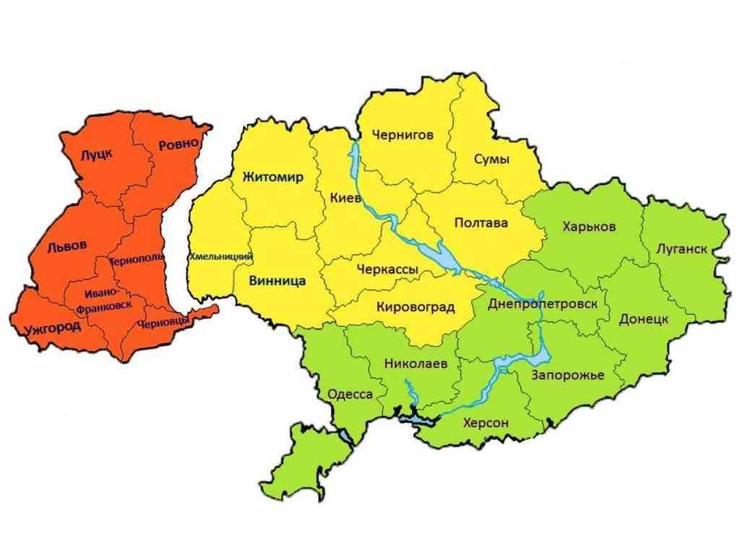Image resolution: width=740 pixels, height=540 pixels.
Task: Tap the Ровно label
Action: coord(178,144)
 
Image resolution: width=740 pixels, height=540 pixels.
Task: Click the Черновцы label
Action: coord(164,324)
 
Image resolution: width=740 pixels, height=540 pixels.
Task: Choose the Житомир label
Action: coord(273,178)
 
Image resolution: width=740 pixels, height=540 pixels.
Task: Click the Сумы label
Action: coord(491,159)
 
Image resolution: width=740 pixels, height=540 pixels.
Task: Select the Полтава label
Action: coord(481,222)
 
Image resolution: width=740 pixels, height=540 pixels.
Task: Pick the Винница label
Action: coord(277,280)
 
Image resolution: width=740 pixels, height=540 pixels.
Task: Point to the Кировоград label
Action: coord(416,308)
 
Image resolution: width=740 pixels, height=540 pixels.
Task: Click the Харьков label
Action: coord(588,227)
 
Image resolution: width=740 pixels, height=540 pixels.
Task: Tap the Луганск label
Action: coord(681,250)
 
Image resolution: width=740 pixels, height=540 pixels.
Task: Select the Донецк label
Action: coord(642,319)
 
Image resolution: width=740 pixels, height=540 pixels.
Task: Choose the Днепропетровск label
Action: coord(543,304)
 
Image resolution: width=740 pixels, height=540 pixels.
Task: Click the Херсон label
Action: coord(486,422)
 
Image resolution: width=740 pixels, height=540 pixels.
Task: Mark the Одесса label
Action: coord(350,394)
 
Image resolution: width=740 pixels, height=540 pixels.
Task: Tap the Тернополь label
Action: coord(136,257)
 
